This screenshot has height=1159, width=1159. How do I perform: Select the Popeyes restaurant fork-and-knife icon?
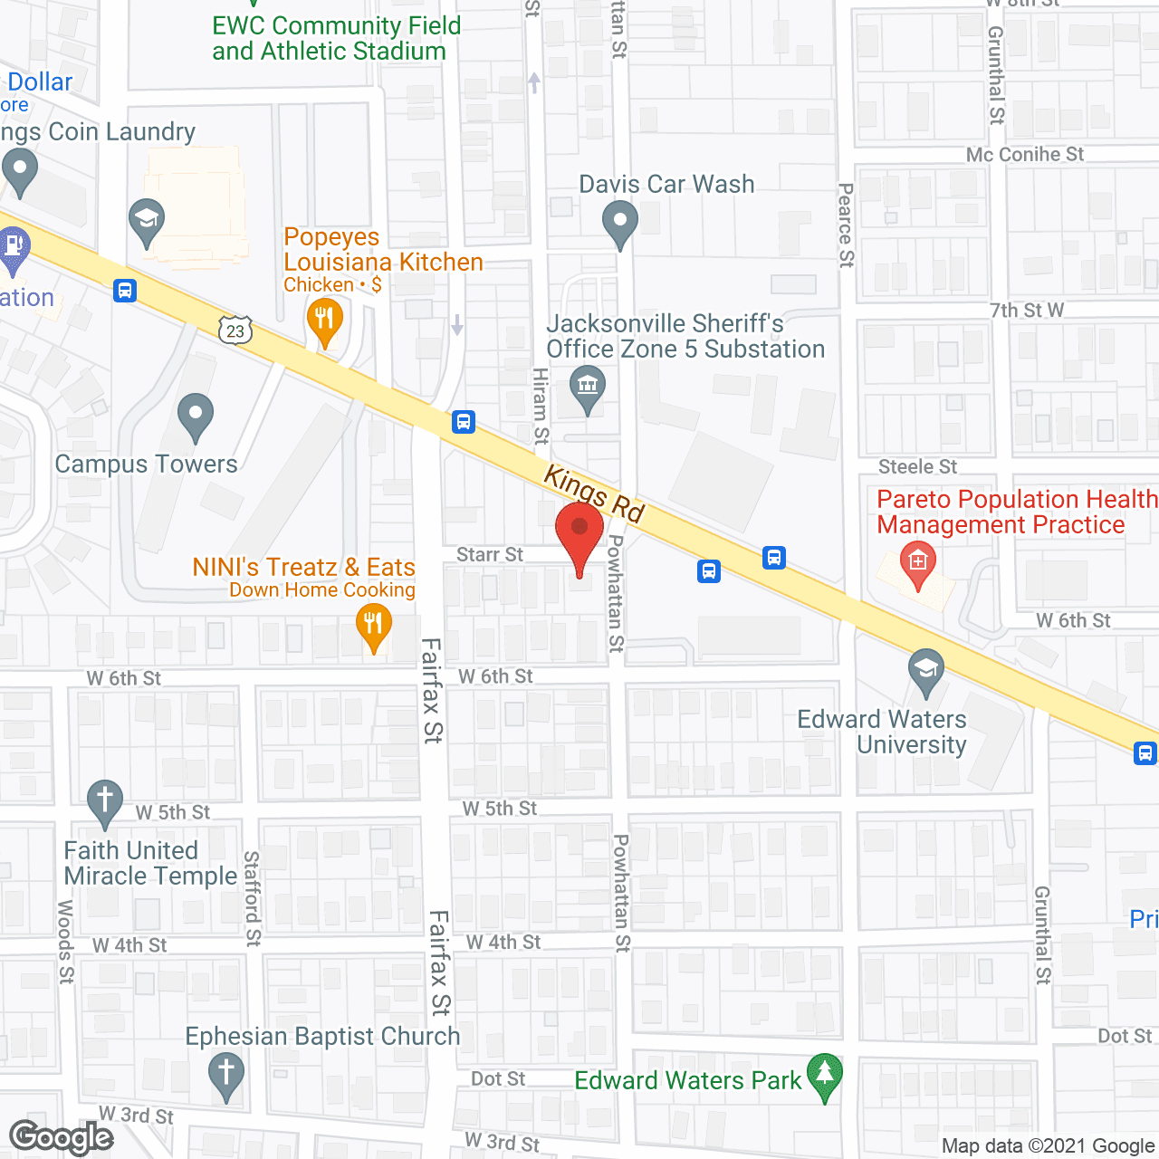pyautogui.click(x=324, y=320)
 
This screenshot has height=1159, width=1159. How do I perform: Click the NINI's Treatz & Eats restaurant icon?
pyautogui.click(x=373, y=624)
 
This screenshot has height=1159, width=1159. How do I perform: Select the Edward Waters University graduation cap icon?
pyautogui.click(x=925, y=669)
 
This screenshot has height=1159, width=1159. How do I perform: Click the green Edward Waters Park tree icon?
pyautogui.click(x=824, y=1075)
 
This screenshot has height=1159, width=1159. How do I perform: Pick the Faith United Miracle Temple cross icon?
pyautogui.click(x=105, y=800)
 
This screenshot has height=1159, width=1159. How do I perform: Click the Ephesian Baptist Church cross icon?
pyautogui.click(x=226, y=1073)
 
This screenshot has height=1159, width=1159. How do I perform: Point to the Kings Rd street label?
pyautogui.click(x=594, y=493)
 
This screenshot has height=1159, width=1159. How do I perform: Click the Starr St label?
pyautogui.click(x=490, y=554)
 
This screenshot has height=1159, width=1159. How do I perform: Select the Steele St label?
pyautogui.click(x=917, y=466)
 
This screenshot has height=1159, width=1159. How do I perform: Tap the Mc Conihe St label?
pyautogui.click(x=1024, y=155)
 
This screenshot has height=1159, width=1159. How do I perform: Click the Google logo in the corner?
pyautogui.click(x=62, y=1136)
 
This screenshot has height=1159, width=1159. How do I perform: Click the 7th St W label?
pyautogui.click(x=1026, y=311)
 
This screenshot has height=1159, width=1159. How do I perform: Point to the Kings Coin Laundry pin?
pyautogui.click(x=20, y=169)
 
